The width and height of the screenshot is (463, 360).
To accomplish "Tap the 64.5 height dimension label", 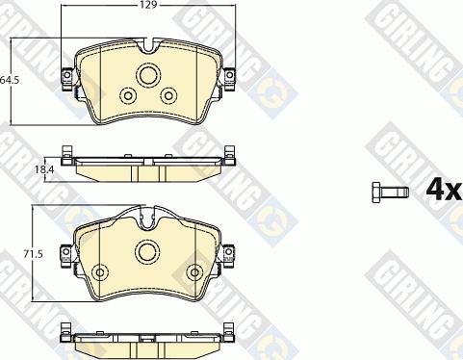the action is (x=10, y=80).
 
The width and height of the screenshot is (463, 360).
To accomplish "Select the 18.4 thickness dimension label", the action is (x=44, y=169).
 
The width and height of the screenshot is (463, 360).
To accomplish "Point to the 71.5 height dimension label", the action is (x=33, y=254).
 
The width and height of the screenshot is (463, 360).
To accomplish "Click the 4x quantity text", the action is (x=444, y=191).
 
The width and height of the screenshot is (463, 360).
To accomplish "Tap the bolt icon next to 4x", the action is (x=391, y=193).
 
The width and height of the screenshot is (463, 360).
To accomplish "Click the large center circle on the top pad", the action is (x=148, y=75).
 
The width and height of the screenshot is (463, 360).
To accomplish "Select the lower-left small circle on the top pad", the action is (x=127, y=95).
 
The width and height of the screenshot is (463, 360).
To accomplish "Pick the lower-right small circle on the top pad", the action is (x=169, y=95).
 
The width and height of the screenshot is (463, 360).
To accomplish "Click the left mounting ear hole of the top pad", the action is (x=67, y=75).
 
